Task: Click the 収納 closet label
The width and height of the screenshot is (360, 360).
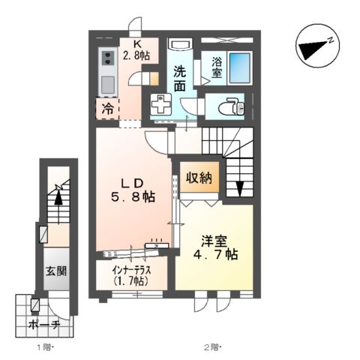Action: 200,178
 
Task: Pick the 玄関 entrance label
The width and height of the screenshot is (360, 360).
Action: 55,271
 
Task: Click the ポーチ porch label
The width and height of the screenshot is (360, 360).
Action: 44,325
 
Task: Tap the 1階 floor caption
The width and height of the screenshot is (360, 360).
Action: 43,346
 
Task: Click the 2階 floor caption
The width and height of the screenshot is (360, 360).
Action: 214,346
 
